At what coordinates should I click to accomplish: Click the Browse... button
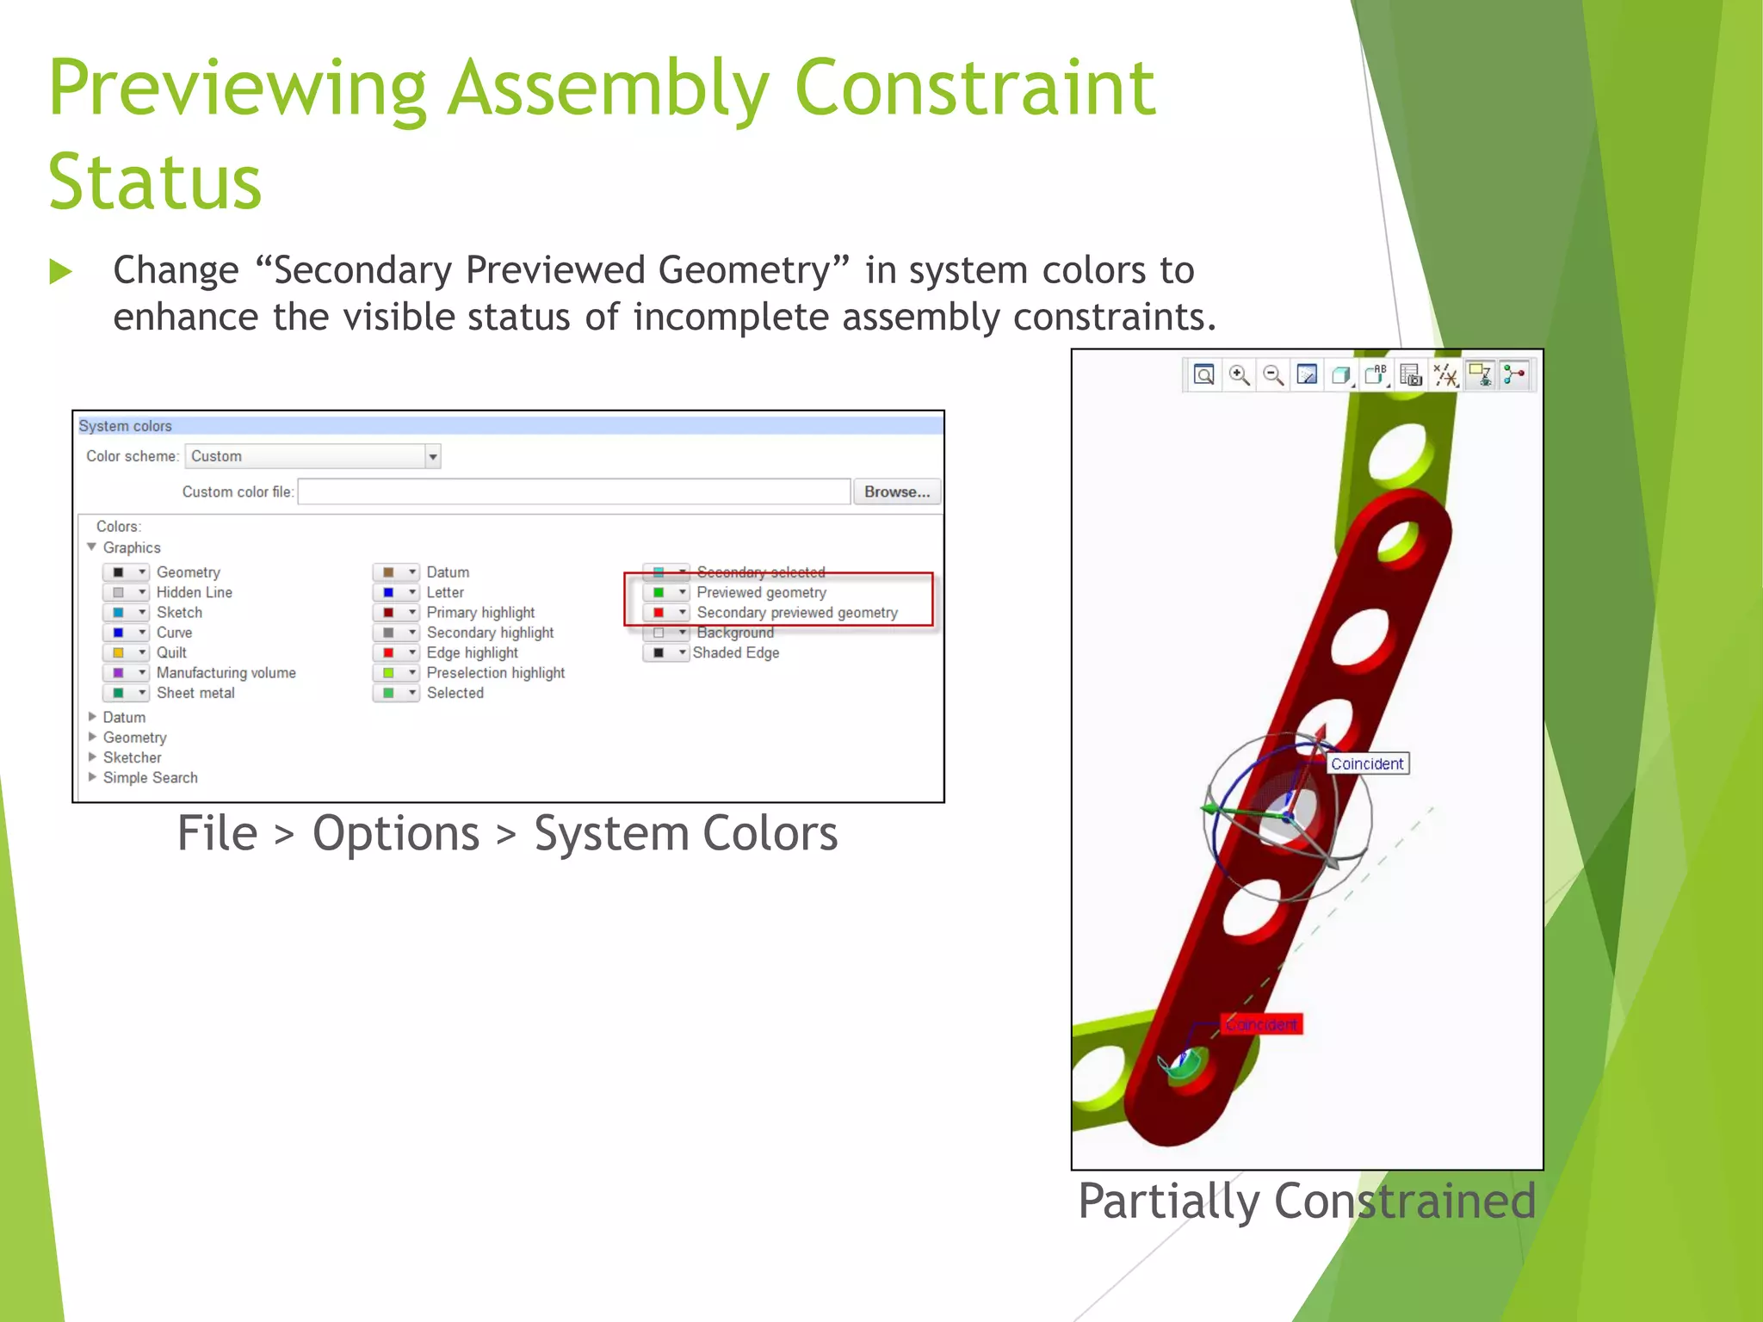pyautogui.click(x=896, y=491)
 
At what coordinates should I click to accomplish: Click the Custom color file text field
pyautogui.click(x=573, y=491)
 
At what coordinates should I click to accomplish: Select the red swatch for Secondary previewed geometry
pyautogui.click(x=659, y=613)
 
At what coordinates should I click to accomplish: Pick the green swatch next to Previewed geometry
pyautogui.click(x=659, y=592)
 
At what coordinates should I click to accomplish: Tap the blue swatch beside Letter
pyautogui.click(x=388, y=592)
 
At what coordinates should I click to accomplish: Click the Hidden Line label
pyautogui.click(x=194, y=592)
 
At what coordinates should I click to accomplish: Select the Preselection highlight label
pyautogui.click(x=495, y=673)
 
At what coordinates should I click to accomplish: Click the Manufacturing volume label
pyautogui.click(x=226, y=673)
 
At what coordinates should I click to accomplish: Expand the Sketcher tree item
pyautogui.click(x=92, y=757)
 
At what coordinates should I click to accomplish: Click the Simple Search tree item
pyautogui.click(x=150, y=778)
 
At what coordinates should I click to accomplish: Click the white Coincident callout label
pyautogui.click(x=1366, y=763)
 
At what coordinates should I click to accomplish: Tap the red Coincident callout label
pyautogui.click(x=1261, y=1024)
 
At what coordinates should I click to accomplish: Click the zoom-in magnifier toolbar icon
pyautogui.click(x=1239, y=375)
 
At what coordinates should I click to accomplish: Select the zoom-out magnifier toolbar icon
pyautogui.click(x=1273, y=375)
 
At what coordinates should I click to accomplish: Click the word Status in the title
pyautogui.click(x=155, y=182)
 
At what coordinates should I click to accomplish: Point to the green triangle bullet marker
pyautogui.click(x=60, y=272)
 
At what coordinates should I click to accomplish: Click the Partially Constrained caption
pyautogui.click(x=1306, y=1201)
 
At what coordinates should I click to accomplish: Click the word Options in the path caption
pyautogui.click(x=395, y=833)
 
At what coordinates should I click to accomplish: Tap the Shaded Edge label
pyautogui.click(x=735, y=652)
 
